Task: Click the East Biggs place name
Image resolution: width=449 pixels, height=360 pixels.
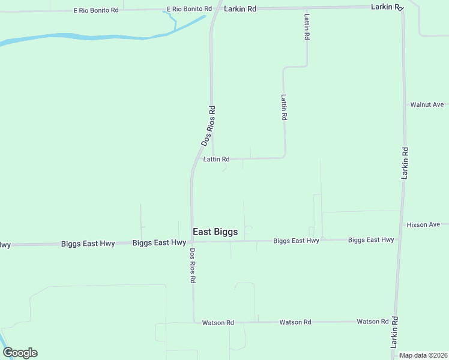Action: pyautogui.click(x=215, y=232)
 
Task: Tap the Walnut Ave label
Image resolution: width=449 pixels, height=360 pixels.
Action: pyautogui.click(x=427, y=104)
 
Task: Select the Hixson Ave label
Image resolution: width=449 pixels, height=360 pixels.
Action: pyautogui.click(x=423, y=224)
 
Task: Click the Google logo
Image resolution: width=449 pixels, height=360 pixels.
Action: pyautogui.click(x=20, y=353)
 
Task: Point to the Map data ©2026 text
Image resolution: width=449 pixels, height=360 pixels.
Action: pyautogui.click(x=423, y=355)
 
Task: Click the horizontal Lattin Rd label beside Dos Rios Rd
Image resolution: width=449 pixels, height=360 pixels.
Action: pyautogui.click(x=216, y=159)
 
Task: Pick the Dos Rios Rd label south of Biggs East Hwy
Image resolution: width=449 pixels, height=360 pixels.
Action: pyautogui.click(x=193, y=265)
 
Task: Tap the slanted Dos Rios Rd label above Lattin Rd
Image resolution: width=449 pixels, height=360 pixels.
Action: pyautogui.click(x=208, y=126)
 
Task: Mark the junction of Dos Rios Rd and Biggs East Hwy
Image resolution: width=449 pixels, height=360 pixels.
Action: pyautogui.click(x=192, y=242)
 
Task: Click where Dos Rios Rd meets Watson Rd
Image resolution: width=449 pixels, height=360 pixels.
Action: pyautogui.click(x=193, y=322)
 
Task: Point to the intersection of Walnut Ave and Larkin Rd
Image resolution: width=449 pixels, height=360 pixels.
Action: pyautogui.click(x=405, y=104)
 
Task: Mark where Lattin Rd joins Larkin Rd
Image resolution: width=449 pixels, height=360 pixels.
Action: pyautogui.click(x=306, y=8)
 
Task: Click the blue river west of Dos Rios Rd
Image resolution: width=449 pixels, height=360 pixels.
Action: pyautogui.click(x=90, y=37)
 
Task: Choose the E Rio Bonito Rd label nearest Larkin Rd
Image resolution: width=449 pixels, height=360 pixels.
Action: pyautogui.click(x=190, y=9)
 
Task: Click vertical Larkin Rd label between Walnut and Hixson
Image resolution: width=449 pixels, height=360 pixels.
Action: pyautogui.click(x=405, y=163)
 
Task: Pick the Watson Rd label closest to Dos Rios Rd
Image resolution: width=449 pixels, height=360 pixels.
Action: pyautogui.click(x=218, y=323)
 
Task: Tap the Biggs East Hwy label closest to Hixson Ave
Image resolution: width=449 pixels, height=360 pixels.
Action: pyautogui.click(x=371, y=240)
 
